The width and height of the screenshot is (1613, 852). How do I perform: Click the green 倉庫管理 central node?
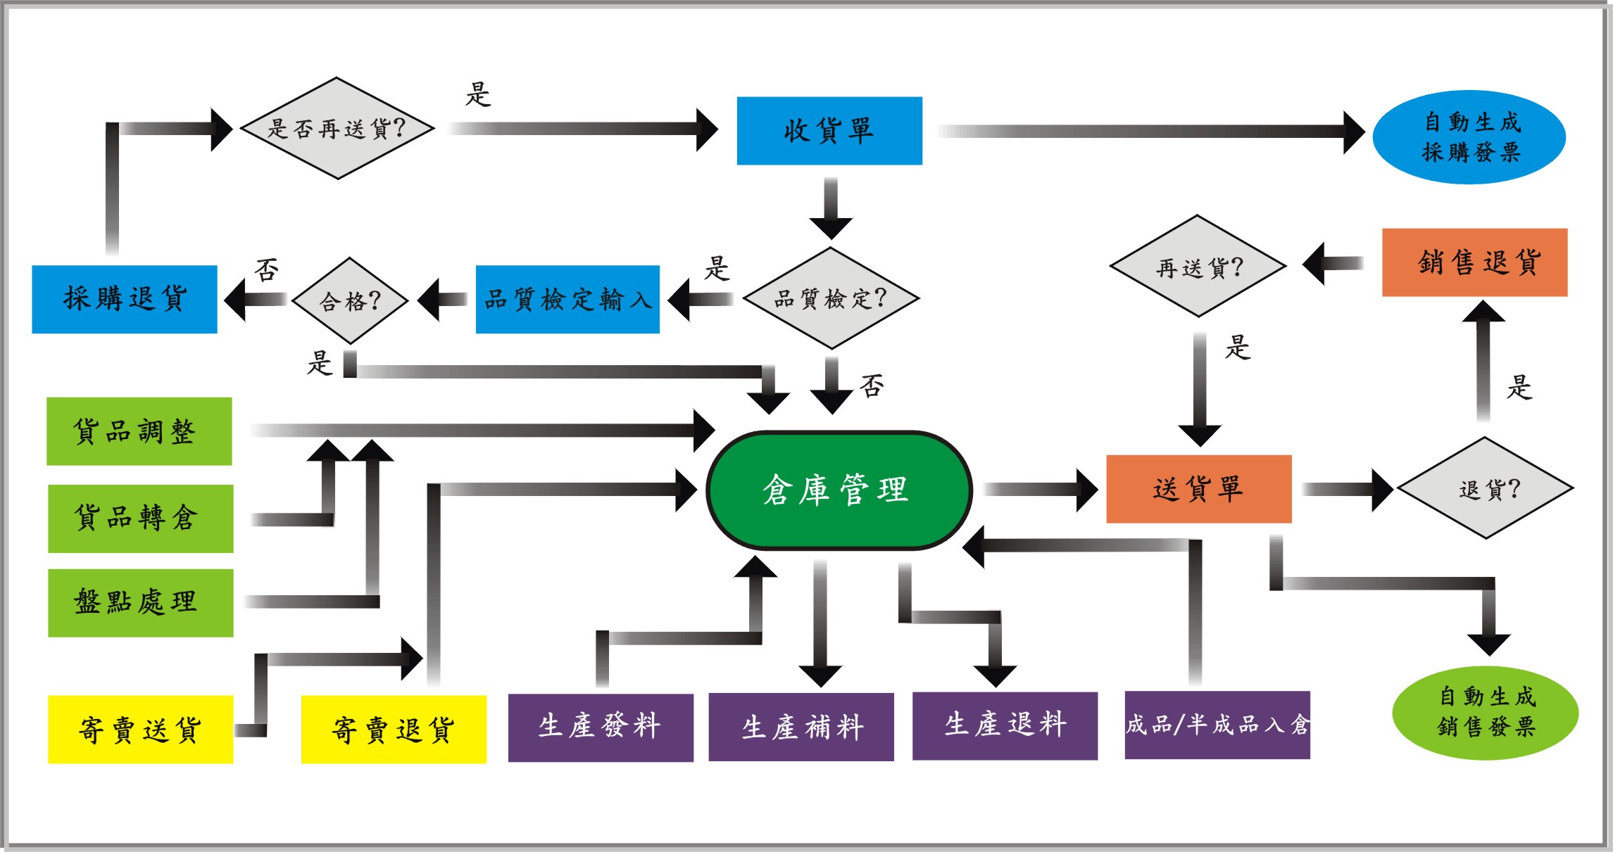(839, 490)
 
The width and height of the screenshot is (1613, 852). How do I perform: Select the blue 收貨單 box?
(829, 131)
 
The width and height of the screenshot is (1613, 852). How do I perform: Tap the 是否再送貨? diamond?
(337, 128)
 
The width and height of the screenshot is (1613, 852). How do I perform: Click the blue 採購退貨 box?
(125, 299)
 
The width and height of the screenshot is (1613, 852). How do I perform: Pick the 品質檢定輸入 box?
(567, 299)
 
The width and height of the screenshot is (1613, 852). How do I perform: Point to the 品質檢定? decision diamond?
(831, 298)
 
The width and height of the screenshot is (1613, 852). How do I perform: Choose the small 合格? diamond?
(350, 300)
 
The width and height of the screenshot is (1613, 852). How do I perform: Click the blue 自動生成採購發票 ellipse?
(1469, 137)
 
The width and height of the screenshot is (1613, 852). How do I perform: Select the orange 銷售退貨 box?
(1474, 262)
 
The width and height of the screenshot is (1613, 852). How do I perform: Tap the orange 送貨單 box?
(1198, 489)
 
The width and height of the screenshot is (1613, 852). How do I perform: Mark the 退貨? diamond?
(1485, 488)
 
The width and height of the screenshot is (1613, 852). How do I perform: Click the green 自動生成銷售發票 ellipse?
(1485, 712)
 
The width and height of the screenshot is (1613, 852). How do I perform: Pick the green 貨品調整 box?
(139, 431)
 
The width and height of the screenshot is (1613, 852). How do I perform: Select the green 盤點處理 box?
(140, 603)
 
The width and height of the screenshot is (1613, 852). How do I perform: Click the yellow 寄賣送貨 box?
(140, 730)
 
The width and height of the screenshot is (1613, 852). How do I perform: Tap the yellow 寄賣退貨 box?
(394, 730)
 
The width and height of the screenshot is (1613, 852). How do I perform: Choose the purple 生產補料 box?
(801, 727)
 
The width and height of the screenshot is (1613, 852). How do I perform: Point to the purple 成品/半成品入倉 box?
(1217, 725)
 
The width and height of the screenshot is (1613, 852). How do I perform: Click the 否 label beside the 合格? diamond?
(267, 270)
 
